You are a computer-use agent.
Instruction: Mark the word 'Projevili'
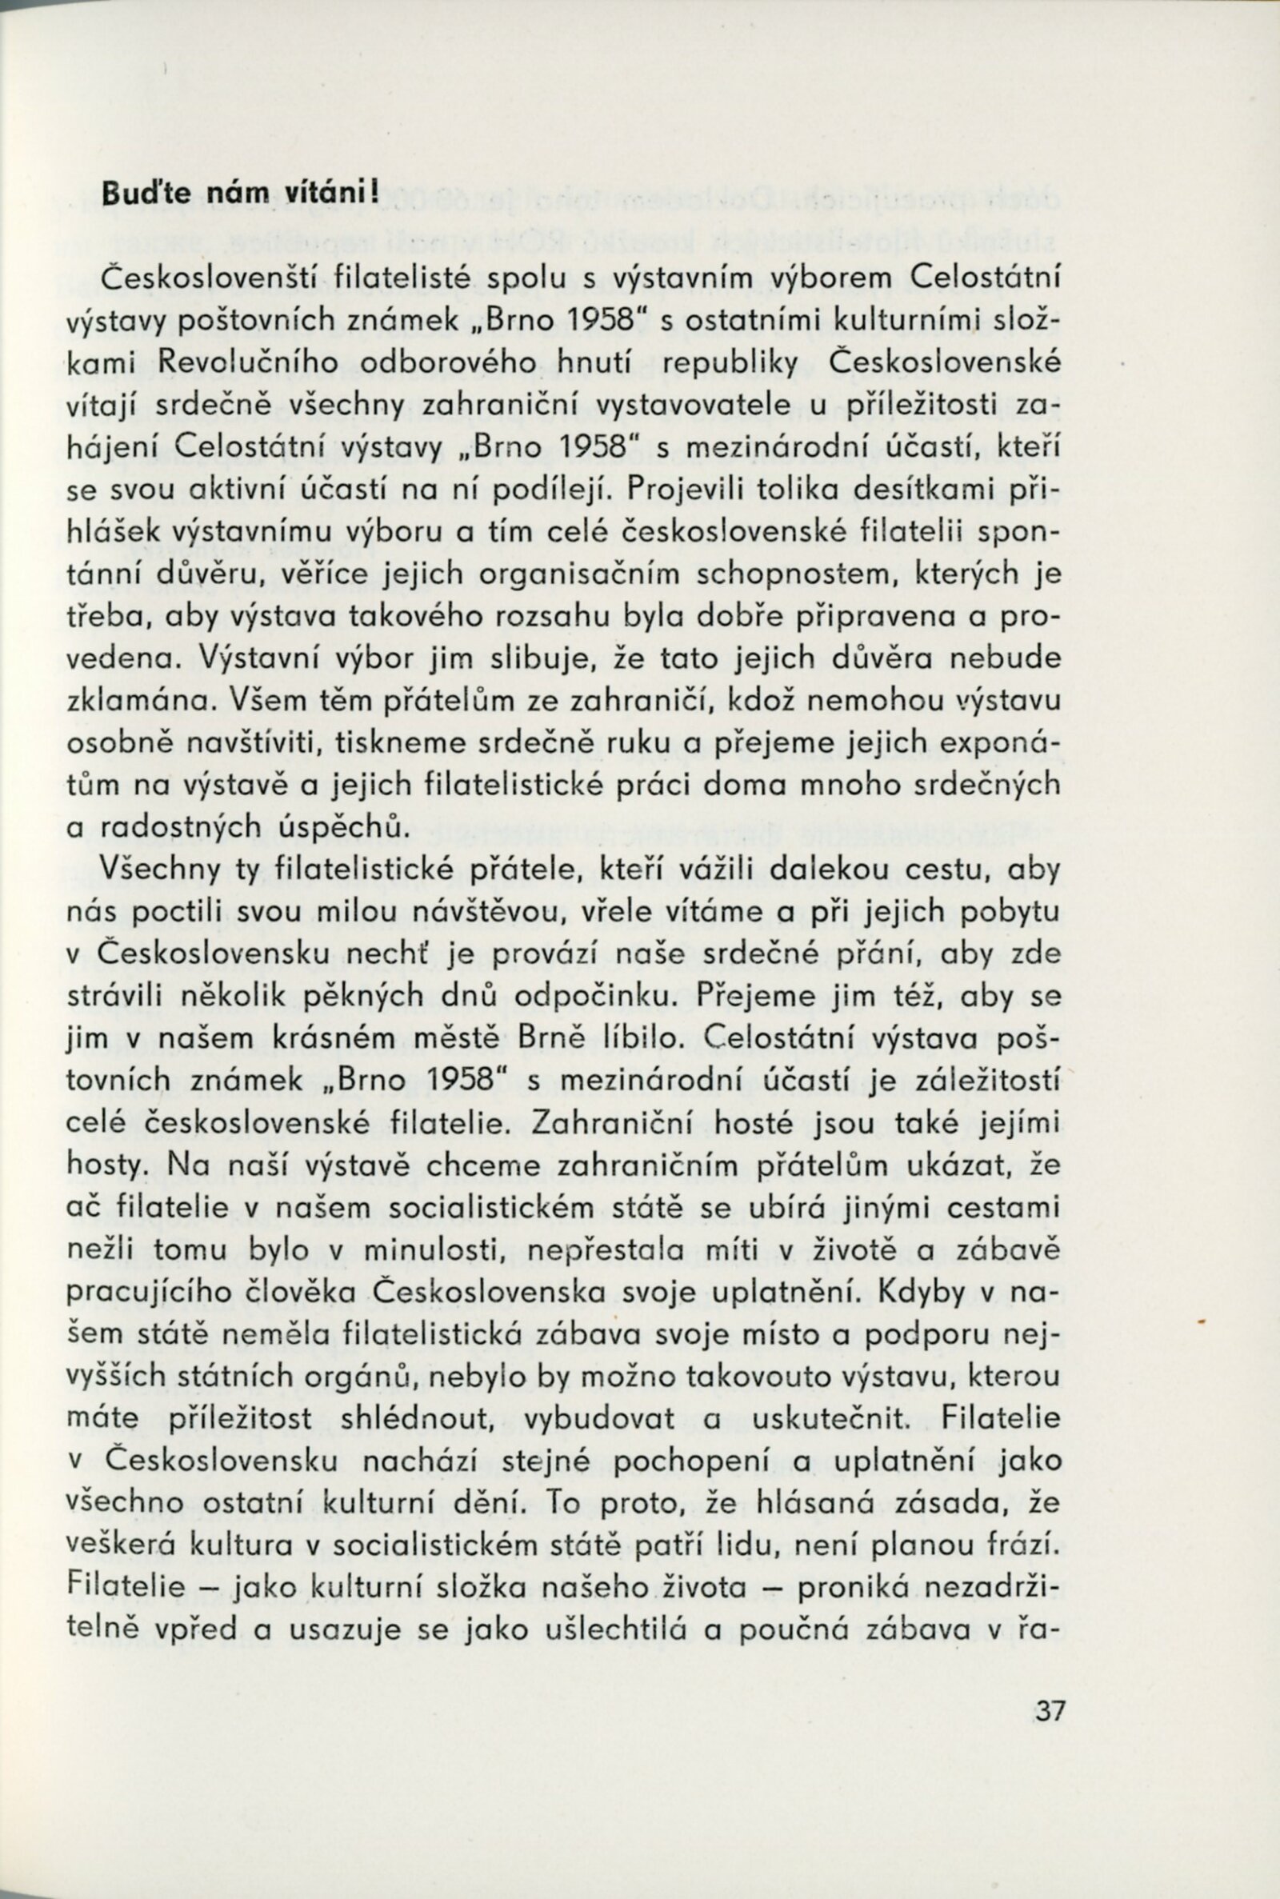click(x=682, y=490)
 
